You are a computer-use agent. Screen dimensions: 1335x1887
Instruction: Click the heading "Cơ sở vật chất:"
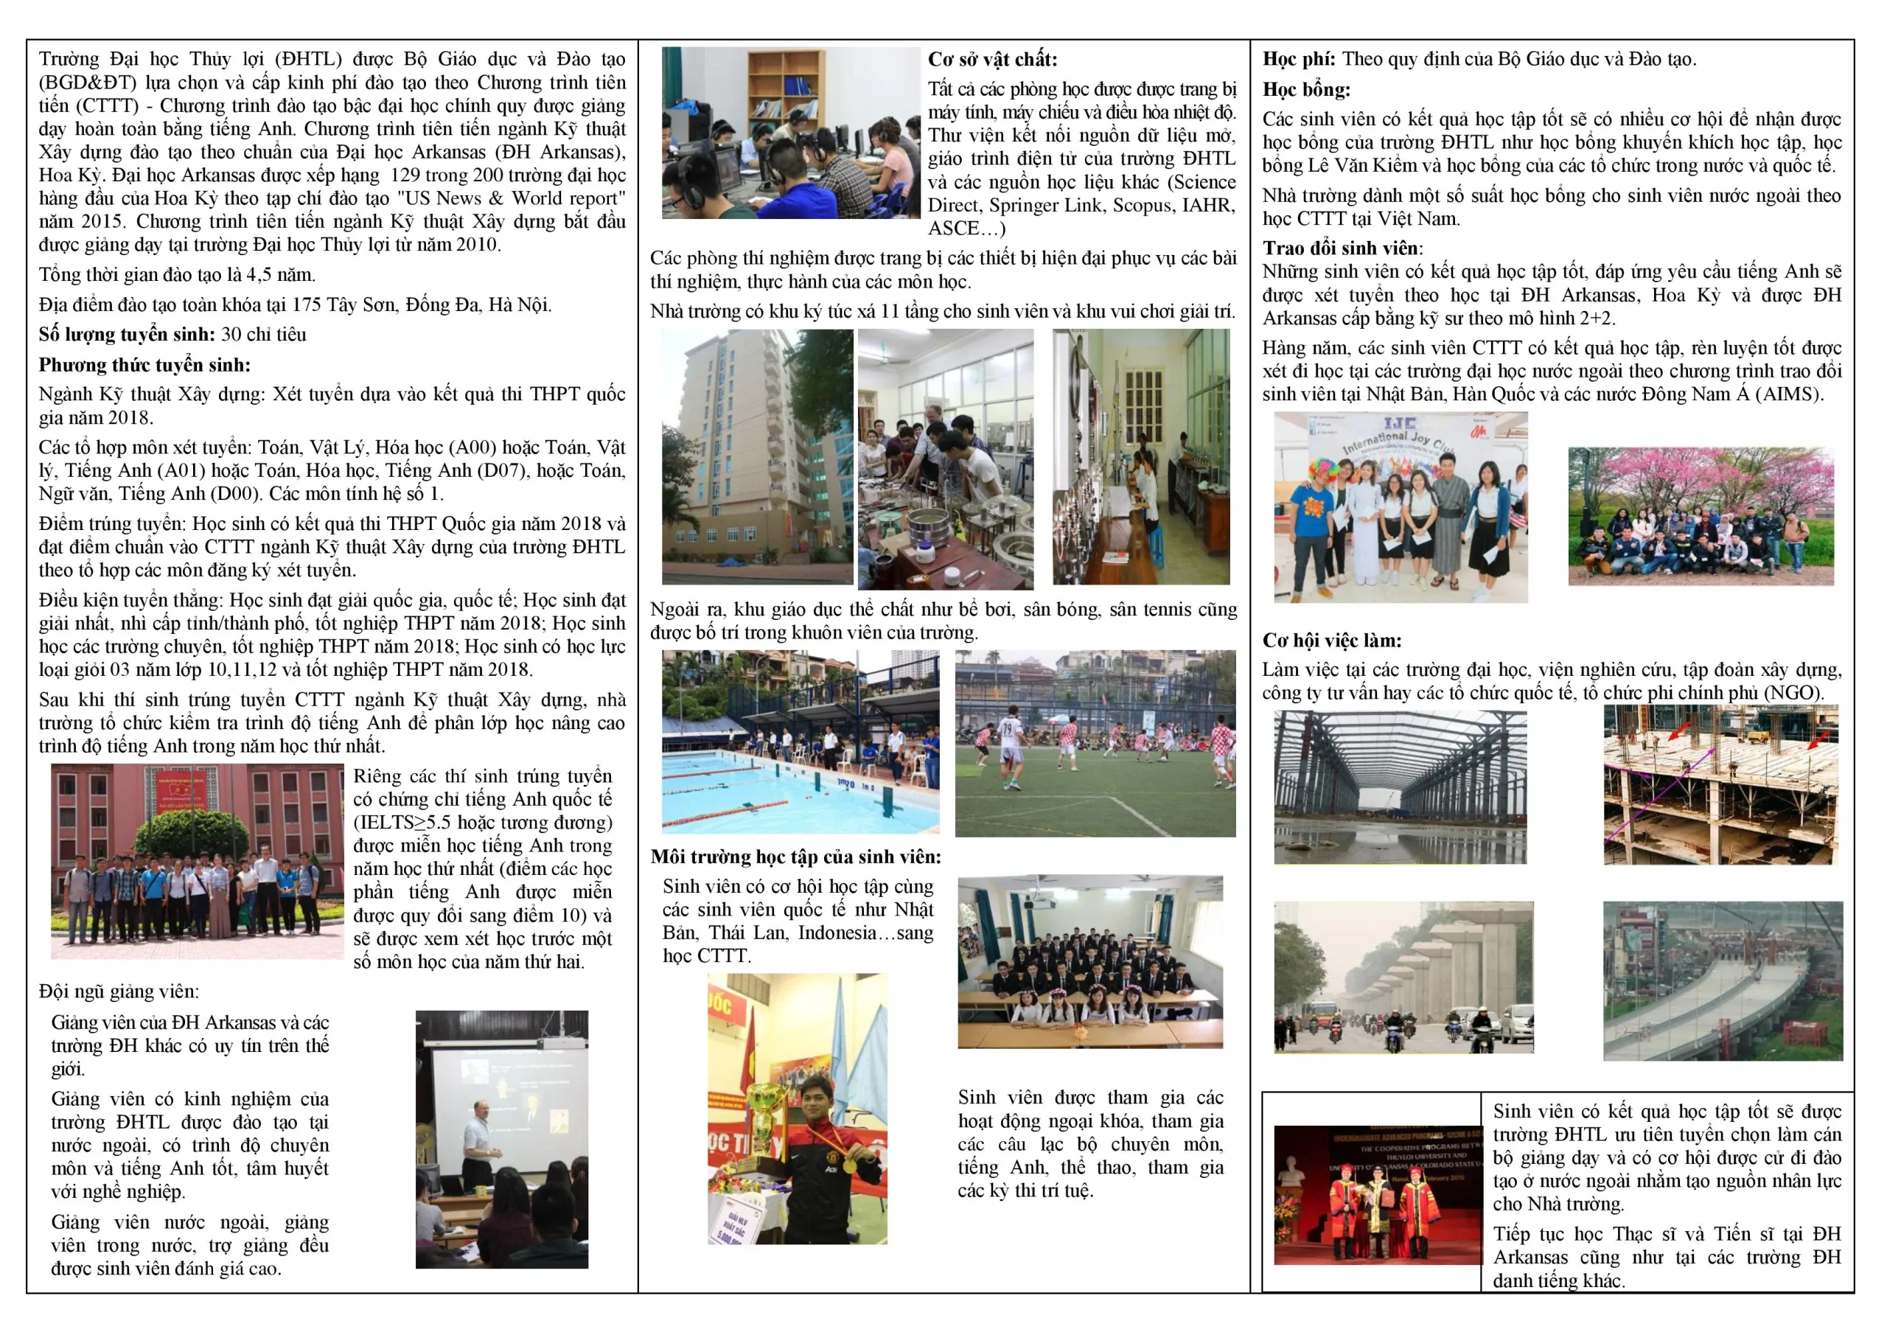(x=992, y=59)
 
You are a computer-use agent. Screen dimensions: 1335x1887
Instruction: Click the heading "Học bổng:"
(x=1306, y=88)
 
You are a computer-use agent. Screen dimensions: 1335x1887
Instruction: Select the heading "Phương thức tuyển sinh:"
(x=144, y=364)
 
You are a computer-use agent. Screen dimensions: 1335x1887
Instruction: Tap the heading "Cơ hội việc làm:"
(x=1331, y=640)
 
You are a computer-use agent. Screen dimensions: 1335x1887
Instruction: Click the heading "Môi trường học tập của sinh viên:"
(x=795, y=857)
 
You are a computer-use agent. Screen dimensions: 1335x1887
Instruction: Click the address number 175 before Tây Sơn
(x=306, y=304)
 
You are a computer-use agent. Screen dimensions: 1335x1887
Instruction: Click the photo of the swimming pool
(x=800, y=742)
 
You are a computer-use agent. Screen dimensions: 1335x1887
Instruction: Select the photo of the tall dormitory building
(x=757, y=456)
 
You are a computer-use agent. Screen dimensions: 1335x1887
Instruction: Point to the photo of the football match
(x=1095, y=743)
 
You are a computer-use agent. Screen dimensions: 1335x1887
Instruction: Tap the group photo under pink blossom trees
(x=1701, y=515)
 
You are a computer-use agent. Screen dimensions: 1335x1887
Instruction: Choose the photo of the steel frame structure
(x=1400, y=787)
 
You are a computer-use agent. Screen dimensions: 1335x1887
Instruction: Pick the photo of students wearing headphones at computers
(x=791, y=133)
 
